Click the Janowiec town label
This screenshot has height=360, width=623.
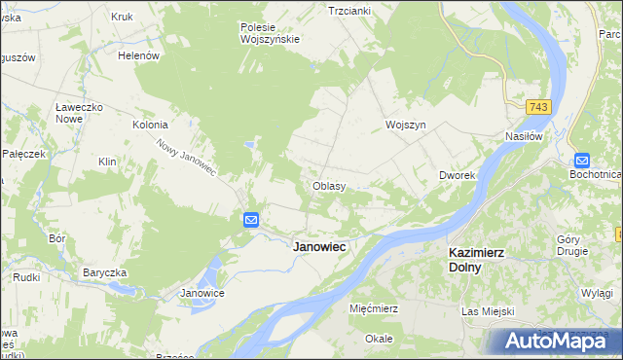coord(320,247)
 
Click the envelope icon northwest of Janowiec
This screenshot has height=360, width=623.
coord(250,221)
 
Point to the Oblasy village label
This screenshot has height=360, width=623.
coord(329,185)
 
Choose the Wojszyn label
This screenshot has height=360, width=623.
coord(406,126)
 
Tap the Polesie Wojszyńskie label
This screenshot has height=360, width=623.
coord(270,33)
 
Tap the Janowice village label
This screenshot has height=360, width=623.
coord(203,293)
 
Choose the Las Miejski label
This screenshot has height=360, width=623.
coord(487,311)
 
